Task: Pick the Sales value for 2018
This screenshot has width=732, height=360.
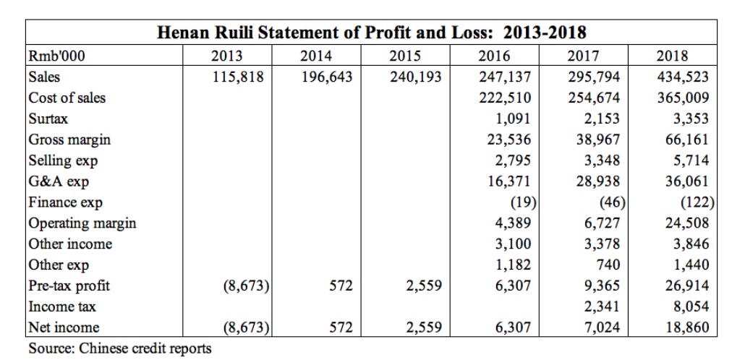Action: tap(682, 77)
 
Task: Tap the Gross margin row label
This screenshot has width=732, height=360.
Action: tap(69, 140)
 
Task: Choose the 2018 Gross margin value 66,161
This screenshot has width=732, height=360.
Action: tap(687, 140)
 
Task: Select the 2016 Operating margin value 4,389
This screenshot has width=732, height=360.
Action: tap(514, 223)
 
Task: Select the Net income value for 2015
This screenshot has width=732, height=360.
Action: tap(423, 327)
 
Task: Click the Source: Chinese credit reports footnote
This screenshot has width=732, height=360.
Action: tap(120, 348)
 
